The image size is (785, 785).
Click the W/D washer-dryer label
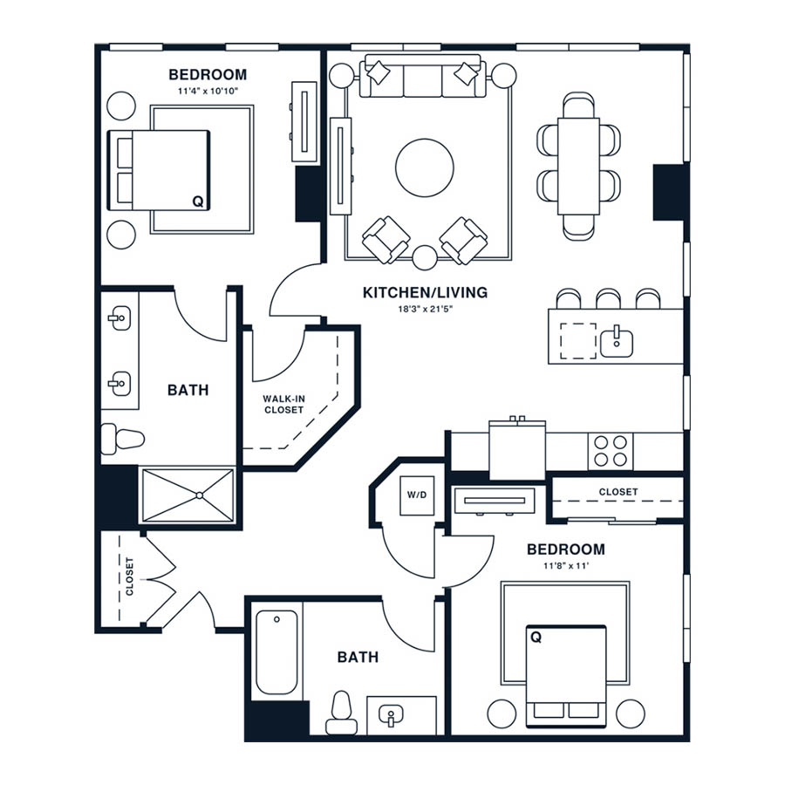[417, 495]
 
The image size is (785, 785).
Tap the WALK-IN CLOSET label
[283, 404]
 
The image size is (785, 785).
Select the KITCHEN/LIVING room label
[425, 292]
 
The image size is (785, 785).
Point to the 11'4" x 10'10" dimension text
[208, 91]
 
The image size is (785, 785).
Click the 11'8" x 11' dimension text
[566, 566]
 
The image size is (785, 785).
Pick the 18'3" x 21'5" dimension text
[425, 309]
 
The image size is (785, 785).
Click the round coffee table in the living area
[425, 167]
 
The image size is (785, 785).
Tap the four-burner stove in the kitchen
[611, 451]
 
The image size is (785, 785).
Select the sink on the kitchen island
[617, 340]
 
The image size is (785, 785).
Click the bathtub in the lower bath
[276, 652]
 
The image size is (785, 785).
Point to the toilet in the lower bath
[341, 713]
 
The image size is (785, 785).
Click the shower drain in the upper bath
[199, 495]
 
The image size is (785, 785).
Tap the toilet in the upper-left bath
[123, 439]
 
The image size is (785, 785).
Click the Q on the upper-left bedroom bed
[198, 201]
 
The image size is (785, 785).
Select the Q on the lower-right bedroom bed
[536, 637]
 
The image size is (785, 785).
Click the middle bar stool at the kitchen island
[608, 298]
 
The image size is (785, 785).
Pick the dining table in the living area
[579, 166]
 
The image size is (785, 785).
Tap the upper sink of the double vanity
[119, 317]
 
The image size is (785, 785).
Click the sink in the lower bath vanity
[391, 716]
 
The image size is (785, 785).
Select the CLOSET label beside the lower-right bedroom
[618, 492]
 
